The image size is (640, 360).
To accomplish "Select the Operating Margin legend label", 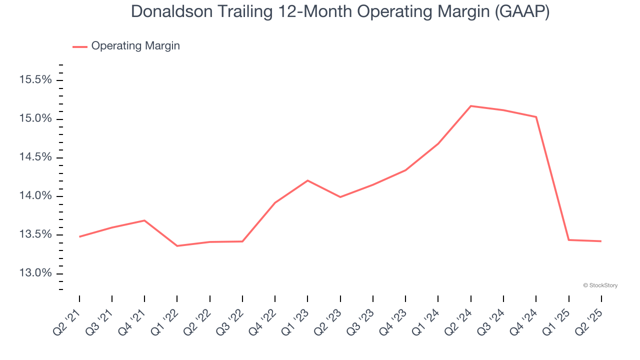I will click(x=135, y=46).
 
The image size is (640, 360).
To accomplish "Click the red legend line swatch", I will click(x=80, y=46).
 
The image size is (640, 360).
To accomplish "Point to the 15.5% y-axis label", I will click(x=35, y=80).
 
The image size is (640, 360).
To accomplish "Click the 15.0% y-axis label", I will click(x=35, y=119).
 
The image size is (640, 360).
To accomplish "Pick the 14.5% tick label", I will click(x=35, y=157).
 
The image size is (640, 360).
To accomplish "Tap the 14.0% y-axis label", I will click(x=35, y=196).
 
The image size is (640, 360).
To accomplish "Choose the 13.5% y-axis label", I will click(x=35, y=235).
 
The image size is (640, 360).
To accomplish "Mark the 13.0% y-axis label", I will click(x=35, y=273).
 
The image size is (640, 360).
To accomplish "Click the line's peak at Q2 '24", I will click(x=471, y=106).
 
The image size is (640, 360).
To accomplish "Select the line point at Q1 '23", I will click(x=307, y=180).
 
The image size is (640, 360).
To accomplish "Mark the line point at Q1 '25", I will click(x=568, y=240).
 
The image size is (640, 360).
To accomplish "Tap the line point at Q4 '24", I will click(x=536, y=117).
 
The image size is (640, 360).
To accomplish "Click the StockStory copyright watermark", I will click(x=600, y=285).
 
